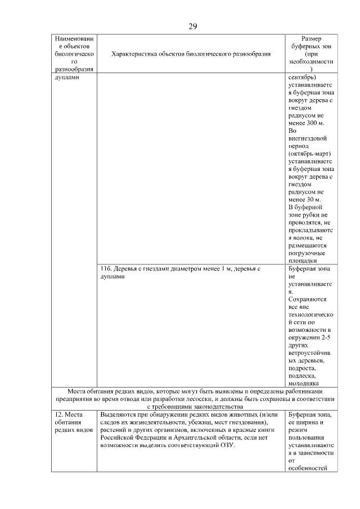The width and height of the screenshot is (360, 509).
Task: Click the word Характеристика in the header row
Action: [136, 54]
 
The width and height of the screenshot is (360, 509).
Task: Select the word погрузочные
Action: [307, 253]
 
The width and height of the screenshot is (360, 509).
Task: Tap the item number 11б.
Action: [106, 269]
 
